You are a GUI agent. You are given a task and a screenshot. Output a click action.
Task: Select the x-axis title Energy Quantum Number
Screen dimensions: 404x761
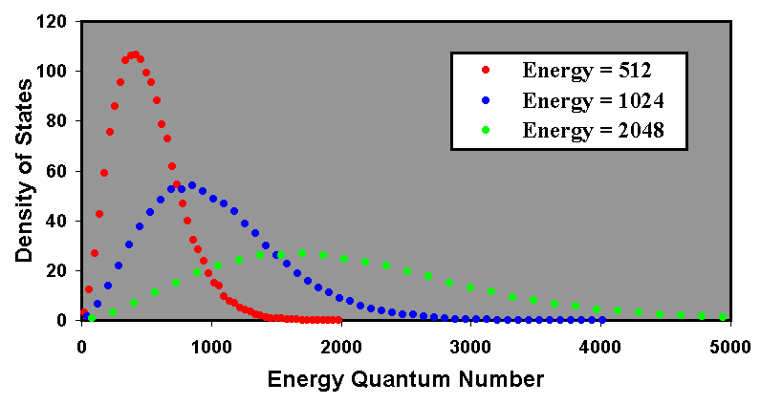(406, 378)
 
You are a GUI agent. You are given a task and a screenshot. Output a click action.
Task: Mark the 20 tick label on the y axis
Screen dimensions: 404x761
(59, 270)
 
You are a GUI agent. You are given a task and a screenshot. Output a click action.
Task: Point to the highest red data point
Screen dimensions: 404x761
(135, 54)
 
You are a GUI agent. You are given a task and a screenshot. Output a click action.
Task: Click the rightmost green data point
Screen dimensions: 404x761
(723, 316)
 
